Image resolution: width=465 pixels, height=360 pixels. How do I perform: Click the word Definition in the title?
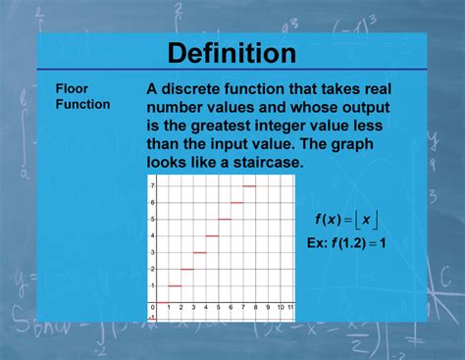[232, 52]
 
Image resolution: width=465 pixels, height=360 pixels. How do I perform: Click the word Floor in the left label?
[70, 87]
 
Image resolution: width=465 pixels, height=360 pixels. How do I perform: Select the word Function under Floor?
[82, 103]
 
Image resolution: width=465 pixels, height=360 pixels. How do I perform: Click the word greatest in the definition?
[215, 125]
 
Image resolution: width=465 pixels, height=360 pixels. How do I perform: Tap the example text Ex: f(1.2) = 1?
[346, 241]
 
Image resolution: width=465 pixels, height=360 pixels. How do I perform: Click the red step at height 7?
[249, 185]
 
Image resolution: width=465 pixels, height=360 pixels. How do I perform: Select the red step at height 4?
[212, 235]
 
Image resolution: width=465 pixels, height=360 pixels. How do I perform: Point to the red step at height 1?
[175, 285]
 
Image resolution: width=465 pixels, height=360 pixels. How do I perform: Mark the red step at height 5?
[225, 219]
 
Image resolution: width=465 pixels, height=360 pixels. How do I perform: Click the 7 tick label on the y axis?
[152, 185]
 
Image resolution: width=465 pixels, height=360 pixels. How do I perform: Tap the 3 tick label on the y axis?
[152, 252]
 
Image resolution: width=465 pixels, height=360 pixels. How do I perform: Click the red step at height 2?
[187, 269]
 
